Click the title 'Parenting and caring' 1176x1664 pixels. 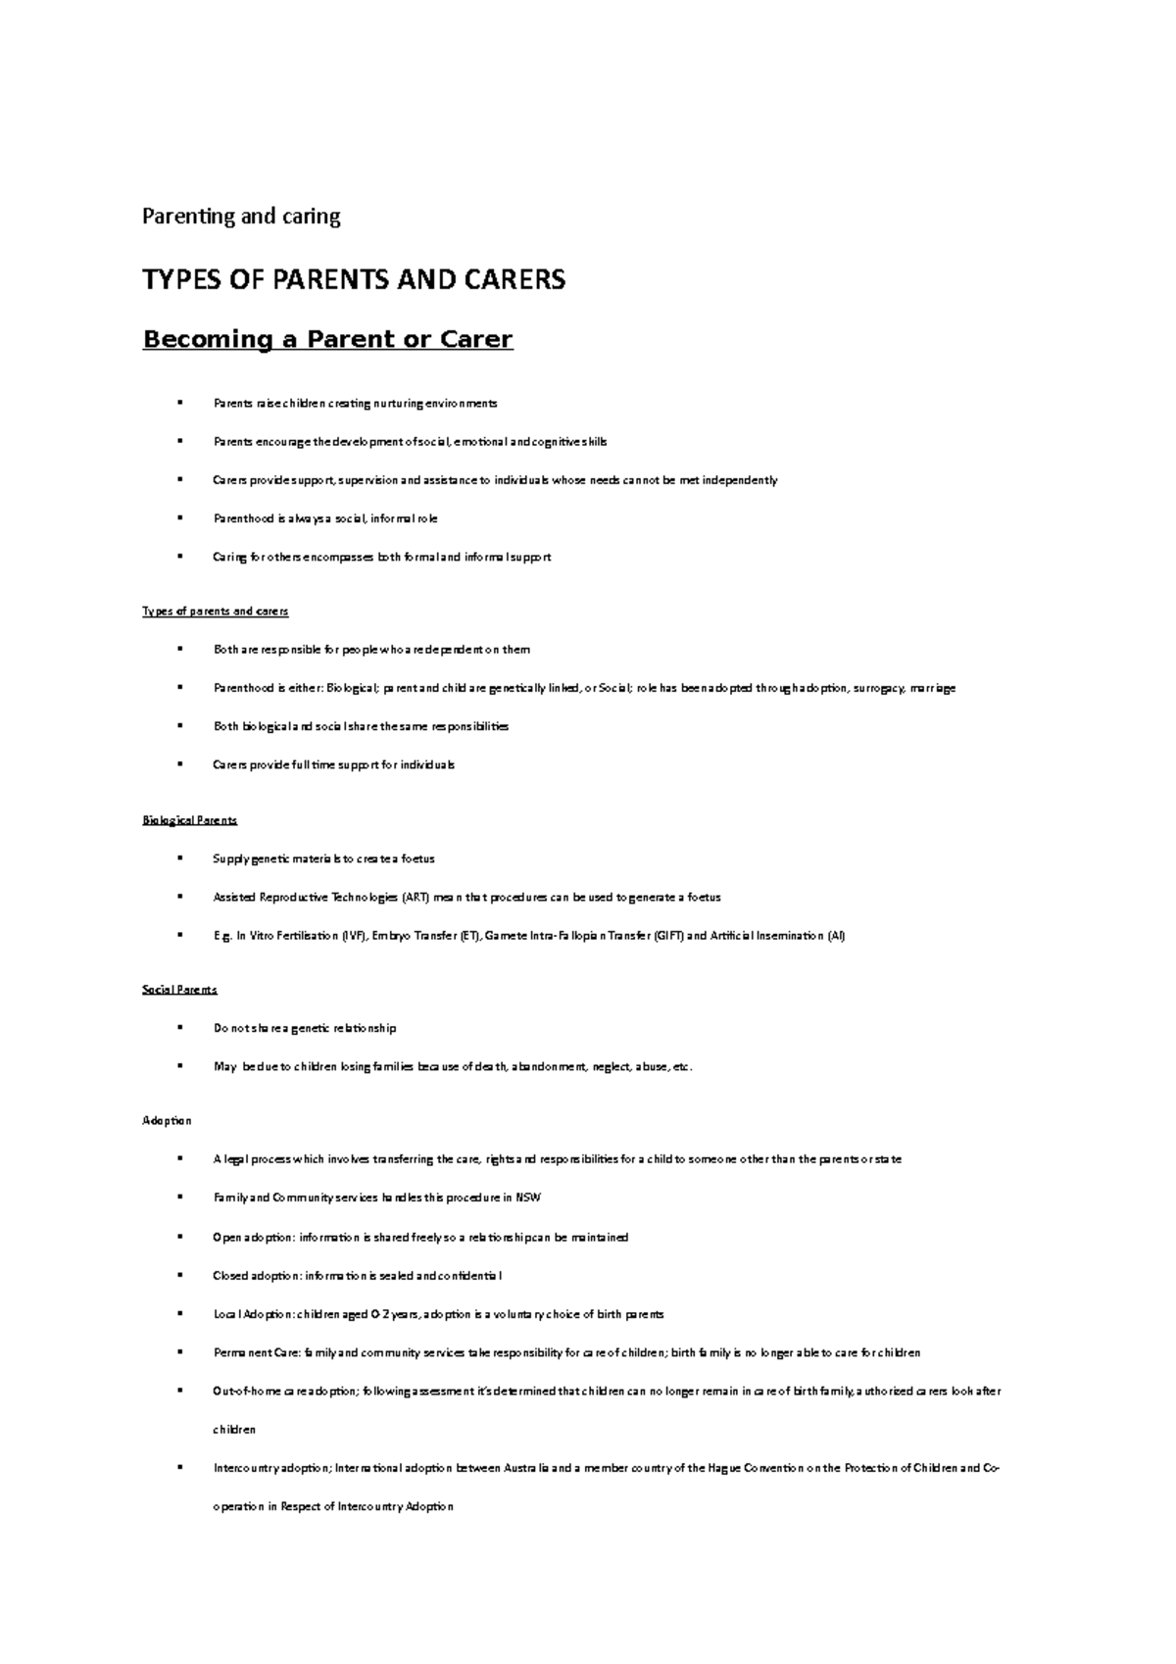coord(241,217)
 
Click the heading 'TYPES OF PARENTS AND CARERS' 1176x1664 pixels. coord(354,280)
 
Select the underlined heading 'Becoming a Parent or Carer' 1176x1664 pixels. coord(327,339)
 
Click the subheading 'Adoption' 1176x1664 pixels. coord(168,1120)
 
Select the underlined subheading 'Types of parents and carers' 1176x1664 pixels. coord(216,612)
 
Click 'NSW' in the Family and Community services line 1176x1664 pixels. coord(528,1198)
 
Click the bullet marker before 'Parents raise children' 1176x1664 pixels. coord(180,403)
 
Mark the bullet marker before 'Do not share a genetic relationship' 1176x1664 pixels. coord(180,1028)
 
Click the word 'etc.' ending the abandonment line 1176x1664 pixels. coord(682,1067)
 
